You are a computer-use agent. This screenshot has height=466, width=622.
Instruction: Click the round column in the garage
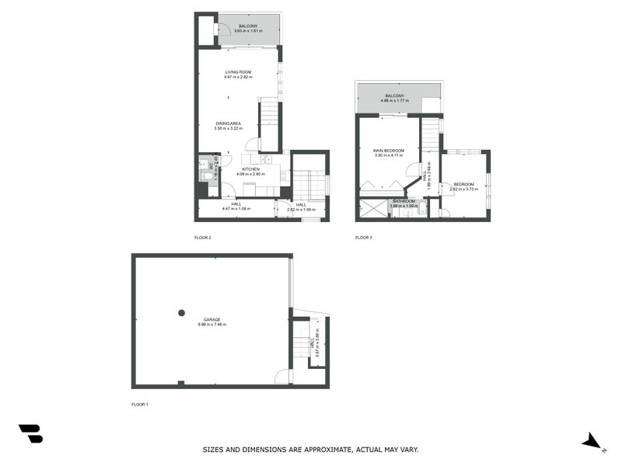point(181,312)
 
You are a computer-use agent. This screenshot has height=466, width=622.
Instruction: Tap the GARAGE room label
point(211,319)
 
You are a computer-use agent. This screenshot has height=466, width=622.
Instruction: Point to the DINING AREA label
point(228,123)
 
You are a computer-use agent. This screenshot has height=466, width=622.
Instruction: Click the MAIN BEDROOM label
point(389,151)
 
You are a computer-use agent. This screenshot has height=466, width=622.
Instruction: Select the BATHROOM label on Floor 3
point(404,201)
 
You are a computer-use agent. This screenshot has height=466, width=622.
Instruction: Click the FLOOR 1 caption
point(140,405)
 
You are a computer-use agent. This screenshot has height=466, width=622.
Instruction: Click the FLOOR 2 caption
point(202,237)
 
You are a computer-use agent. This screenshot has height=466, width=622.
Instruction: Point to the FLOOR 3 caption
point(363,237)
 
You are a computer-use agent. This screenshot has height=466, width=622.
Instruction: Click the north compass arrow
point(593,441)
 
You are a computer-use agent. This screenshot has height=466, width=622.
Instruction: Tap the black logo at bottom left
point(30,433)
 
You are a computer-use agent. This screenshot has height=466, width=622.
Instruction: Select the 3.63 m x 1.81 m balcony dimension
point(248,31)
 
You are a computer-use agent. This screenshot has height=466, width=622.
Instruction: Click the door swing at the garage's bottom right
point(284,377)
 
